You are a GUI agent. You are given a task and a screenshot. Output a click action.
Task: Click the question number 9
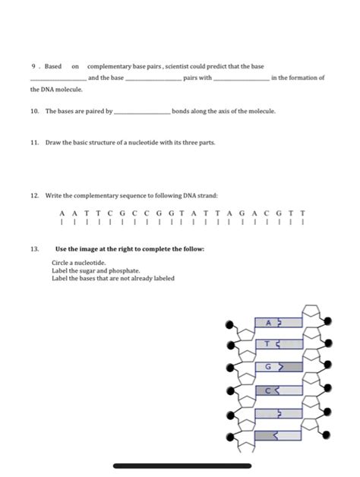[33, 67]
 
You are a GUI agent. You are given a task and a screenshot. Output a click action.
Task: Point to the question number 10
[35, 111]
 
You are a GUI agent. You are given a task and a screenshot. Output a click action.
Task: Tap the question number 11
[35, 142]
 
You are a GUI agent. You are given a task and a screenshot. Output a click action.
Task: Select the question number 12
[35, 195]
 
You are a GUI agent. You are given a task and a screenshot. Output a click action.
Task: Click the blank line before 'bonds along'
[141, 112]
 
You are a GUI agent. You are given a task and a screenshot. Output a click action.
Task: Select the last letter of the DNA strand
[304, 213]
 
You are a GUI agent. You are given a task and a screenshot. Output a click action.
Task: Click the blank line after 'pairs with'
[242, 78]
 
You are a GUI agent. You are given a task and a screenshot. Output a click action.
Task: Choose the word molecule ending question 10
[261, 111]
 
